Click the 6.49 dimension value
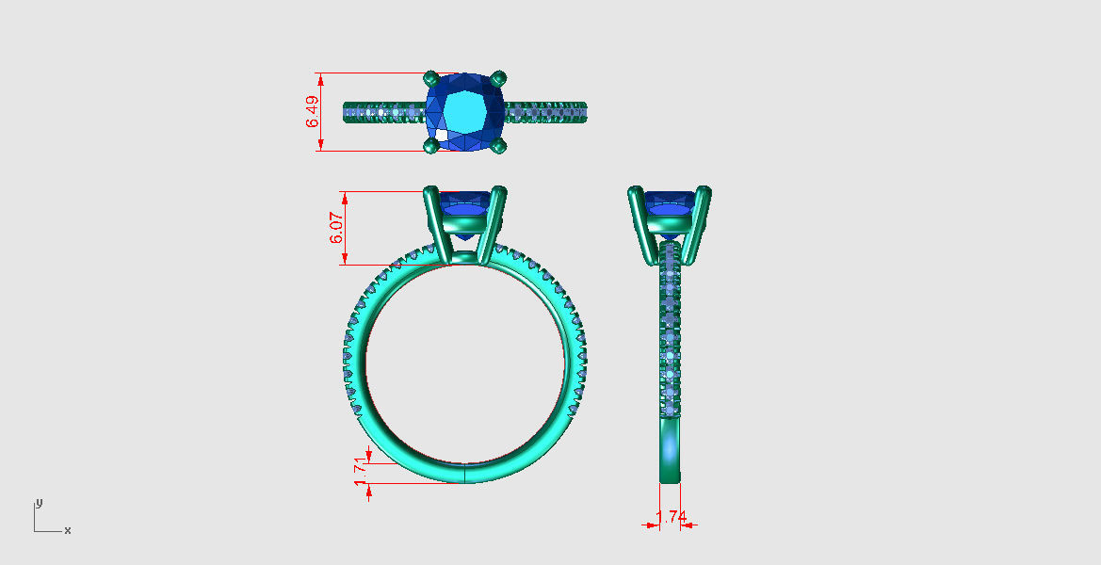pos(312,111)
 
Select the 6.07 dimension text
pos(336,228)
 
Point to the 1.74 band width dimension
pos(671,517)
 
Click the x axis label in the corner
pos(68,531)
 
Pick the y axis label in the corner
pos(39,502)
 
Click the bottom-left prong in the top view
pos(430,145)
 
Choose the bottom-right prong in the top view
pos(499,145)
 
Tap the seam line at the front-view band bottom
pos(465,473)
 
